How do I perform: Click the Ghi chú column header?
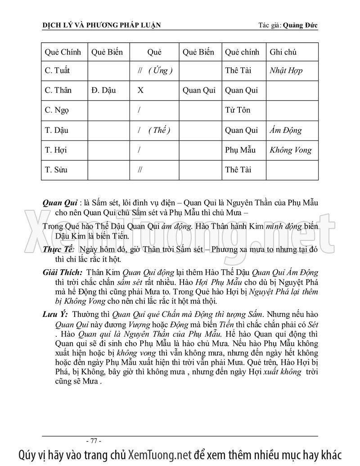click(283, 52)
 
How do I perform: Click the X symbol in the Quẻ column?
click(140, 90)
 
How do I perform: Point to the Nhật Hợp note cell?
click(286, 71)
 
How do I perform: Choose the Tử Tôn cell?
click(237, 110)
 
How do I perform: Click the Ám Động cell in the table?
click(286, 131)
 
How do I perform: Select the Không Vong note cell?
click(290, 150)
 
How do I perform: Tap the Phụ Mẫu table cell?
click(240, 150)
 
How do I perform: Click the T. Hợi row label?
click(56, 150)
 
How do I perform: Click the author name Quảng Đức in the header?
click(301, 25)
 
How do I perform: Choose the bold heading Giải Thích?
click(62, 273)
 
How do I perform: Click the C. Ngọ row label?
click(57, 110)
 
